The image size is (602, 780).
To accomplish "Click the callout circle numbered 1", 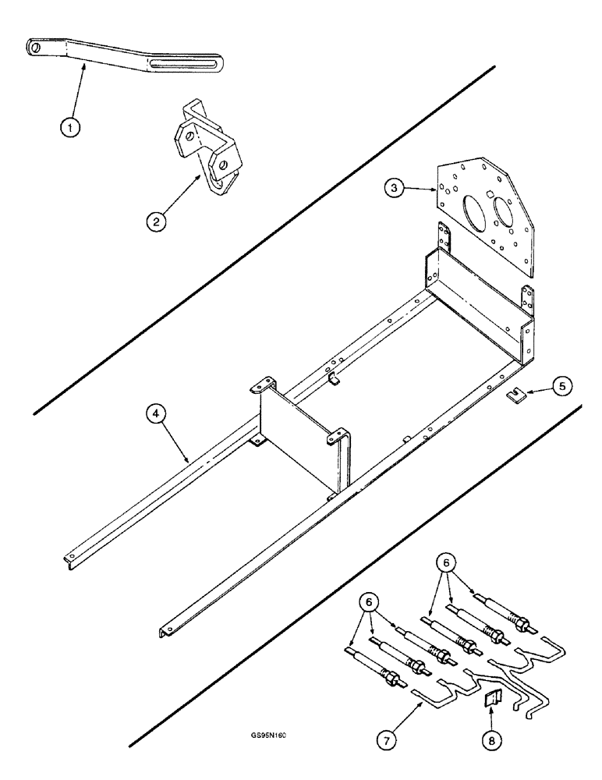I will tap(71, 126).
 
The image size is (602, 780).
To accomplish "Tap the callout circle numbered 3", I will tap(398, 189).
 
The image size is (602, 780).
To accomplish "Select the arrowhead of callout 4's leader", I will tap(187, 461).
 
